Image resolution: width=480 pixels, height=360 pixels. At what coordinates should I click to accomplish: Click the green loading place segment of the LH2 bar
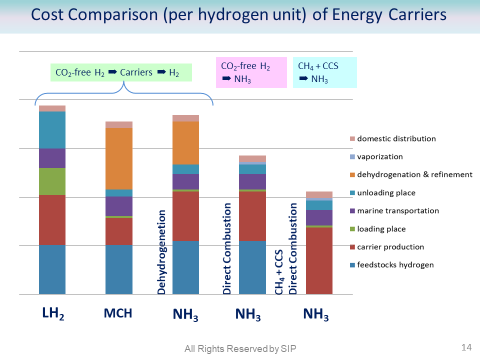pos(52,181)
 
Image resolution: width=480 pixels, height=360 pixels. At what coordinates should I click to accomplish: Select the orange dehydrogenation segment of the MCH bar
pos(119,158)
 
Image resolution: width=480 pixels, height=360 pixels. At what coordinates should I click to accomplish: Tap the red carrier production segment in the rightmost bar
pos(319,260)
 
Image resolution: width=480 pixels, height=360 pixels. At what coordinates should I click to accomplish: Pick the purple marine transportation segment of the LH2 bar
pos(52,158)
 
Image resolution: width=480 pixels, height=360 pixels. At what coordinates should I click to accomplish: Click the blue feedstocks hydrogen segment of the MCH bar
pos(119,269)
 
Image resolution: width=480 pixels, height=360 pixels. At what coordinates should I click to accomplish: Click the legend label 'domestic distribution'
pos(396,139)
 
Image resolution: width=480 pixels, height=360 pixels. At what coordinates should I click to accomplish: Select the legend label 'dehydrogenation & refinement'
pos(414,175)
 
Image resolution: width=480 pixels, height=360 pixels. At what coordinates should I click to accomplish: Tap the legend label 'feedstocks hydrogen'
pos(395,265)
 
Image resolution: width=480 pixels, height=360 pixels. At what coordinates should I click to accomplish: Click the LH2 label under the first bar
pos(53,314)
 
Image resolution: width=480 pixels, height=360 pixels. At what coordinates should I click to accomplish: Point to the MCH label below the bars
pos(118,314)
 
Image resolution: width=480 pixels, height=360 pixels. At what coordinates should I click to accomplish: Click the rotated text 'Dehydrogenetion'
pos(162,252)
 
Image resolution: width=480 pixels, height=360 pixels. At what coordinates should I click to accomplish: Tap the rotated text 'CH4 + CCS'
pos(279,272)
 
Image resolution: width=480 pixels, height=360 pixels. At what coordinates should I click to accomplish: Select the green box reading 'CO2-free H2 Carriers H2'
pos(121,72)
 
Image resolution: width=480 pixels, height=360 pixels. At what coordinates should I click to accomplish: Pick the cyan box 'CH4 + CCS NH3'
pos(324,72)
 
